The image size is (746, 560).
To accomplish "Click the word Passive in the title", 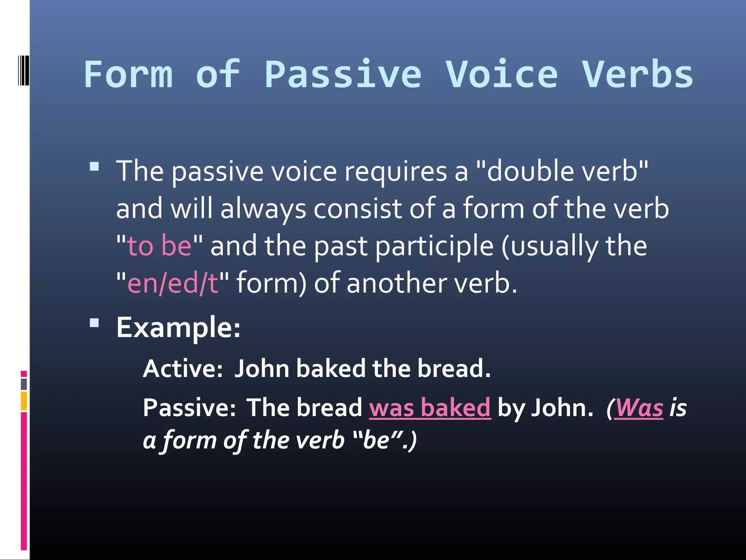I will pyautogui.click(x=343, y=74).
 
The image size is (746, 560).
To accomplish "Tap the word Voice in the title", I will pyautogui.click(x=502, y=74).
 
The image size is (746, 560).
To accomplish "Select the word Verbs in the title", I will pyautogui.click(x=637, y=74).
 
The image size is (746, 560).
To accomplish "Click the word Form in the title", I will pyautogui.click(x=128, y=74).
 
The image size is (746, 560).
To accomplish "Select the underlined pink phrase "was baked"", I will pyautogui.click(x=430, y=407).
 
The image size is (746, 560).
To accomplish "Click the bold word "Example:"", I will pyautogui.click(x=178, y=327).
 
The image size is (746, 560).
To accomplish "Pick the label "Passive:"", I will pyautogui.click(x=189, y=407).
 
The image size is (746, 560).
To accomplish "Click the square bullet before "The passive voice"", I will pyautogui.click(x=94, y=167).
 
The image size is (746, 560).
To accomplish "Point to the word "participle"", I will pyautogui.click(x=434, y=246).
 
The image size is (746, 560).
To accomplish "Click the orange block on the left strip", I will pyautogui.click(x=24, y=401).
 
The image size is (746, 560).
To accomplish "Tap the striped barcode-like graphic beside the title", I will pyautogui.click(x=23, y=70).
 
